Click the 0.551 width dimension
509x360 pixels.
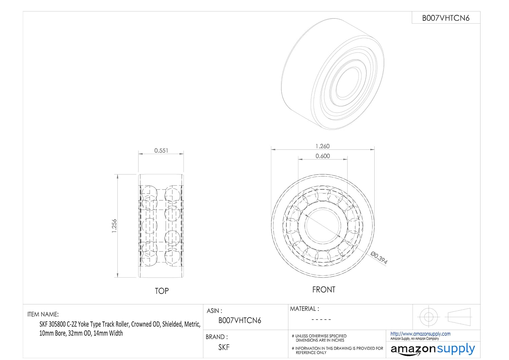(x=161, y=150)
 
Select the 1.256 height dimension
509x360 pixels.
(x=114, y=226)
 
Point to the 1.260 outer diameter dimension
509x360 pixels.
(x=322, y=146)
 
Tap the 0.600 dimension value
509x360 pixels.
(x=323, y=156)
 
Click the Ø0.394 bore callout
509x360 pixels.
(x=379, y=258)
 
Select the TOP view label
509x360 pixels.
(x=162, y=291)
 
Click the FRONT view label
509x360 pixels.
(x=324, y=289)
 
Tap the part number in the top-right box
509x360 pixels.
(x=446, y=18)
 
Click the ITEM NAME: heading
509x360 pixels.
(x=43, y=314)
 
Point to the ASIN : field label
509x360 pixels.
(x=214, y=311)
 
